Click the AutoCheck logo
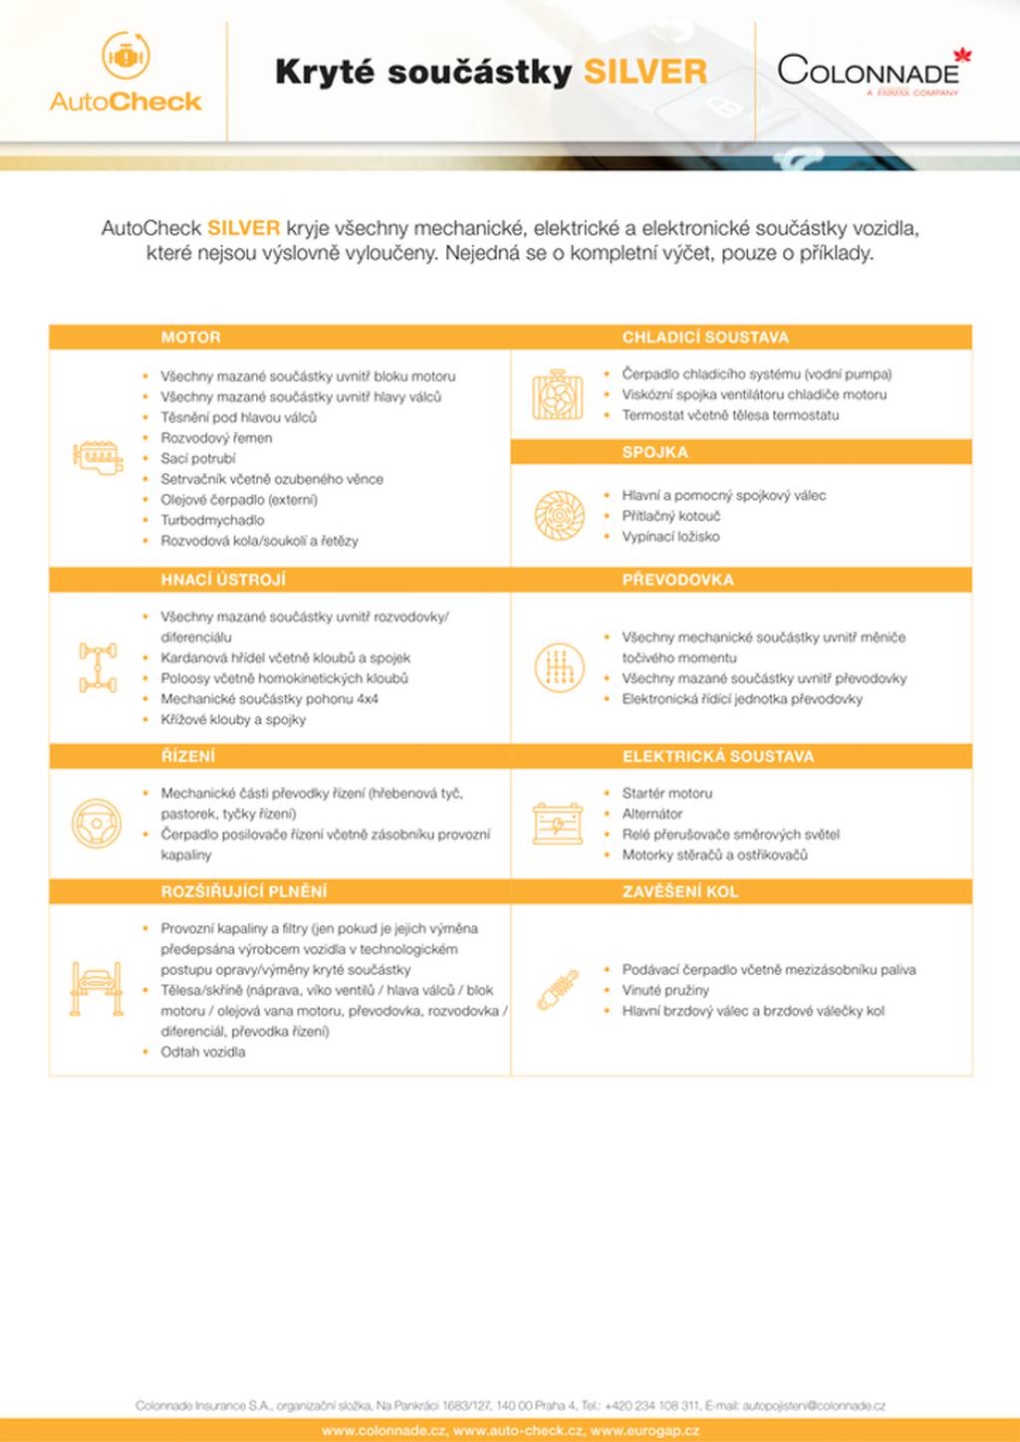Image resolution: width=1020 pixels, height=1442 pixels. [126, 72]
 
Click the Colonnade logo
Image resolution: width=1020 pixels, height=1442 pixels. [873, 73]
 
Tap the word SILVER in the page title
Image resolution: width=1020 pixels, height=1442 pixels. [644, 72]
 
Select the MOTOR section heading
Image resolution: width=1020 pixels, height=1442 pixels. [191, 338]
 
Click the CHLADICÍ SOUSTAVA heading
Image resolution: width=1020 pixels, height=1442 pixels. [705, 338]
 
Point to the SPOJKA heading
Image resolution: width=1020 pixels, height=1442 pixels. [654, 452]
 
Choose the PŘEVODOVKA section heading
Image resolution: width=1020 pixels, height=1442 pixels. [677, 580]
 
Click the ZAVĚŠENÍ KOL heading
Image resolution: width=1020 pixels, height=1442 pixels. [680, 891]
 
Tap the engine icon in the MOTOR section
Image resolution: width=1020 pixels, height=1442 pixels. [98, 457]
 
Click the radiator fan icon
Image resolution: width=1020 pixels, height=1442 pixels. [558, 395]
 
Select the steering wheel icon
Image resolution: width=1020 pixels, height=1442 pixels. [97, 824]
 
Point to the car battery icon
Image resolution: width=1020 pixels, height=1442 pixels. [558, 824]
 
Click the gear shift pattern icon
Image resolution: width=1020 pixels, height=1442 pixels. [559, 667]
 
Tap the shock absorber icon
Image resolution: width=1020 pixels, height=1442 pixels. [558, 990]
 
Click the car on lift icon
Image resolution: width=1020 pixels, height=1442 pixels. [97, 989]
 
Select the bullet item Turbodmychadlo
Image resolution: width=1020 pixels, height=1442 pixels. [212, 520]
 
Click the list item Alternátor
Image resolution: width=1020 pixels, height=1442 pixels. [652, 814]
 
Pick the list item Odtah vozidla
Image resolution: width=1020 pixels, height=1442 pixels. [203, 1052]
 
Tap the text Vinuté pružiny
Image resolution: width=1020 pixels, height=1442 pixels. [665, 990]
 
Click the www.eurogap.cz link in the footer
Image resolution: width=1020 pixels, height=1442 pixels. [644, 1431]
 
